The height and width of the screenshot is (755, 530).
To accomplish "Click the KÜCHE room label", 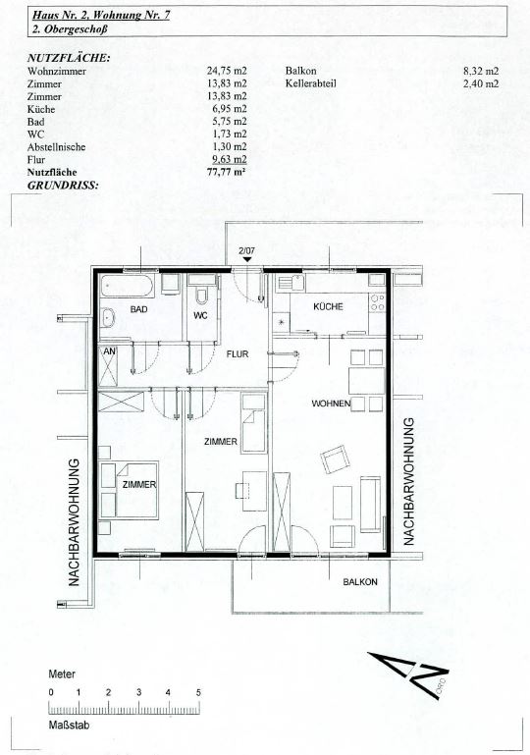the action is [328, 306].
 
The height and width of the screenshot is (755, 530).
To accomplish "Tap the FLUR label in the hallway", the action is [238, 354].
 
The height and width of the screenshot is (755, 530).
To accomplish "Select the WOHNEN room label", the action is [331, 404].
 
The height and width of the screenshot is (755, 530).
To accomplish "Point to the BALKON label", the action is [360, 582].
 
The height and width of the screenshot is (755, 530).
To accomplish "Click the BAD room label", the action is [138, 309].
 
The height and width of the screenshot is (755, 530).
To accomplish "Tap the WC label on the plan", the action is [200, 315].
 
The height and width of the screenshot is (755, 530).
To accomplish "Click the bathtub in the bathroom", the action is [127, 286].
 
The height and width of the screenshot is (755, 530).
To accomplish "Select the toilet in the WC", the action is [202, 296].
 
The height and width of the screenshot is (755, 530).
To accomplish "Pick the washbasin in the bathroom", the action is [108, 318].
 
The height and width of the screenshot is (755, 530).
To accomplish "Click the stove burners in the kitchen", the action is [378, 302].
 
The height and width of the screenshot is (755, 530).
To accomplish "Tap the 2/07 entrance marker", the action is [246, 251].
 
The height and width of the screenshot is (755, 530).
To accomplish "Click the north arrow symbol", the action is [408, 674].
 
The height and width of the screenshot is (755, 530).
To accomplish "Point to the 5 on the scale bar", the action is [198, 693].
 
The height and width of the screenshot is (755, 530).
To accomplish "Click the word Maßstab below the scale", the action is [69, 725].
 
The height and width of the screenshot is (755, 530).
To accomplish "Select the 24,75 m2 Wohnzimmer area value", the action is [227, 72].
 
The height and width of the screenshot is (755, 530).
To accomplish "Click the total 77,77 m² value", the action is [227, 172].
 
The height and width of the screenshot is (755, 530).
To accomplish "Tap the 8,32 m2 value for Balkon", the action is [481, 72].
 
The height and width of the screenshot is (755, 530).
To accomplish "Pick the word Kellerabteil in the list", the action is [310, 83].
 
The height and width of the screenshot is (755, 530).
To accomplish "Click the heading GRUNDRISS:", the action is [63, 185].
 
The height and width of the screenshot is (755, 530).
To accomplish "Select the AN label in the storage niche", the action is [110, 351].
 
